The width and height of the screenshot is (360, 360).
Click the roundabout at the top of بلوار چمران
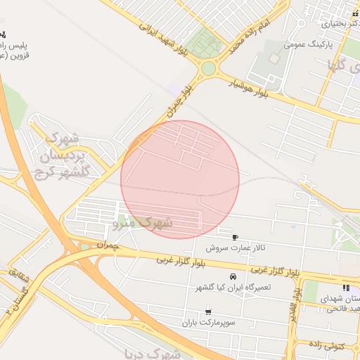tap(209, 69)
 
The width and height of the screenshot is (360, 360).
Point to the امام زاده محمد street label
tap(245, 39)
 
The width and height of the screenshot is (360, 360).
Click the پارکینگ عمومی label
tap(307, 44)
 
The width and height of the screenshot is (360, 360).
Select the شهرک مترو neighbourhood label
tap(143, 224)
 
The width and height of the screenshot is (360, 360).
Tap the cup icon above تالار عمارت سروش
tap(234, 237)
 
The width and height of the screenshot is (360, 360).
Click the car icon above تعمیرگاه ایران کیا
tap(233, 275)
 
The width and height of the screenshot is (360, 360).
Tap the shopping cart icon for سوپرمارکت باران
tap(207, 311)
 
